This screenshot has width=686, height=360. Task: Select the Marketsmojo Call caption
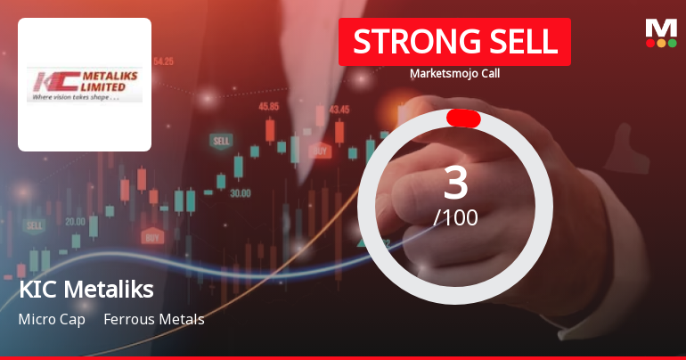tap(454, 73)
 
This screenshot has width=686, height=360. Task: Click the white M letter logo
tap(661, 27)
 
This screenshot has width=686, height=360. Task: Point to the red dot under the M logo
tap(650, 43)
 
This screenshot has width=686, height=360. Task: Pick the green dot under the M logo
tap(673, 43)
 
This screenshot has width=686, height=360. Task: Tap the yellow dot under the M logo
tap(661, 43)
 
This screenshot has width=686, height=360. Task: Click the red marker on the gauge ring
tap(463, 119)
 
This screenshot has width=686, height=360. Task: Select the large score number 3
tap(455, 183)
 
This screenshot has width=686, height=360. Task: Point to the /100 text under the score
tap(455, 217)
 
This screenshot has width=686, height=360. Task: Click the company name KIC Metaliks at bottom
tap(86, 290)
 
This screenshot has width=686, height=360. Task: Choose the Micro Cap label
tap(52, 319)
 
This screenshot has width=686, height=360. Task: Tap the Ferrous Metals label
tap(154, 319)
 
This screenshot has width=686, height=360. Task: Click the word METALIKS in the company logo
tap(103, 76)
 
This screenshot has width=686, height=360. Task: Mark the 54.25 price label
tap(163, 61)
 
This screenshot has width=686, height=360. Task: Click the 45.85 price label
tap(268, 106)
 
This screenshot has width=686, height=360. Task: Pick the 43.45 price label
tap(339, 110)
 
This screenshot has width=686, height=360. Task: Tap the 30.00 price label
tap(240, 192)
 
